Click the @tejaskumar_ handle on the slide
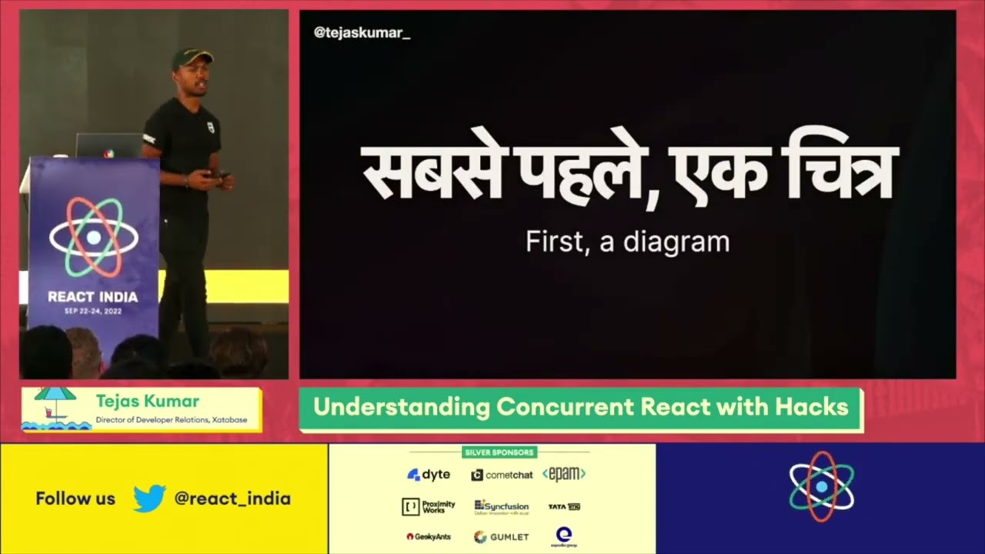click(x=362, y=33)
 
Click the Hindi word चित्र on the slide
click(x=840, y=173)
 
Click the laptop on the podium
click(x=109, y=145)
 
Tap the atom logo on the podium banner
click(x=93, y=238)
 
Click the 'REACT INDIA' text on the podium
click(x=93, y=297)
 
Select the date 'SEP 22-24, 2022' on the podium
click(x=93, y=312)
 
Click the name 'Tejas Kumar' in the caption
click(x=147, y=402)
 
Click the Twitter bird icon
click(x=149, y=499)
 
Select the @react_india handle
click(x=232, y=499)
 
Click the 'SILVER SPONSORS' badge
click(x=499, y=452)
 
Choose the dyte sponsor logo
click(x=429, y=475)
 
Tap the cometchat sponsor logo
click(x=502, y=475)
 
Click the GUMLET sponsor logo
click(x=501, y=536)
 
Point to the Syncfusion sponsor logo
click(x=501, y=506)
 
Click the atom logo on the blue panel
click(x=821, y=487)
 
